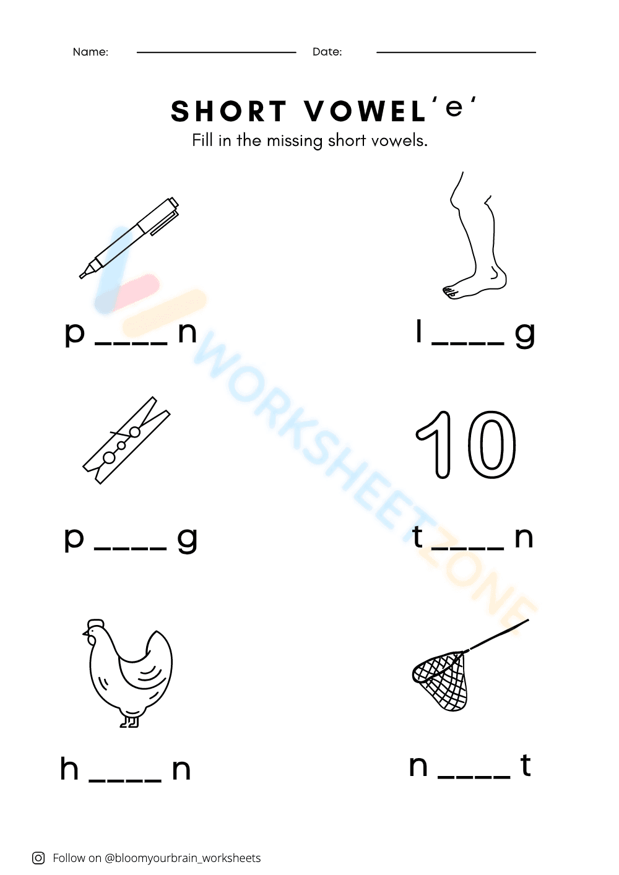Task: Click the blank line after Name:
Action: (216, 53)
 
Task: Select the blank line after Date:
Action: (456, 53)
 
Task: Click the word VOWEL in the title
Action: (365, 112)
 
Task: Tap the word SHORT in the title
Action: (229, 112)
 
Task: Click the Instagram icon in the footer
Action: (38, 858)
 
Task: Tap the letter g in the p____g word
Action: (187, 540)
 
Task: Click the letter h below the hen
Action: (69, 769)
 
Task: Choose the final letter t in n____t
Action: (526, 765)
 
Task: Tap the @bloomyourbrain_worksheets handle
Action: (183, 858)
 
